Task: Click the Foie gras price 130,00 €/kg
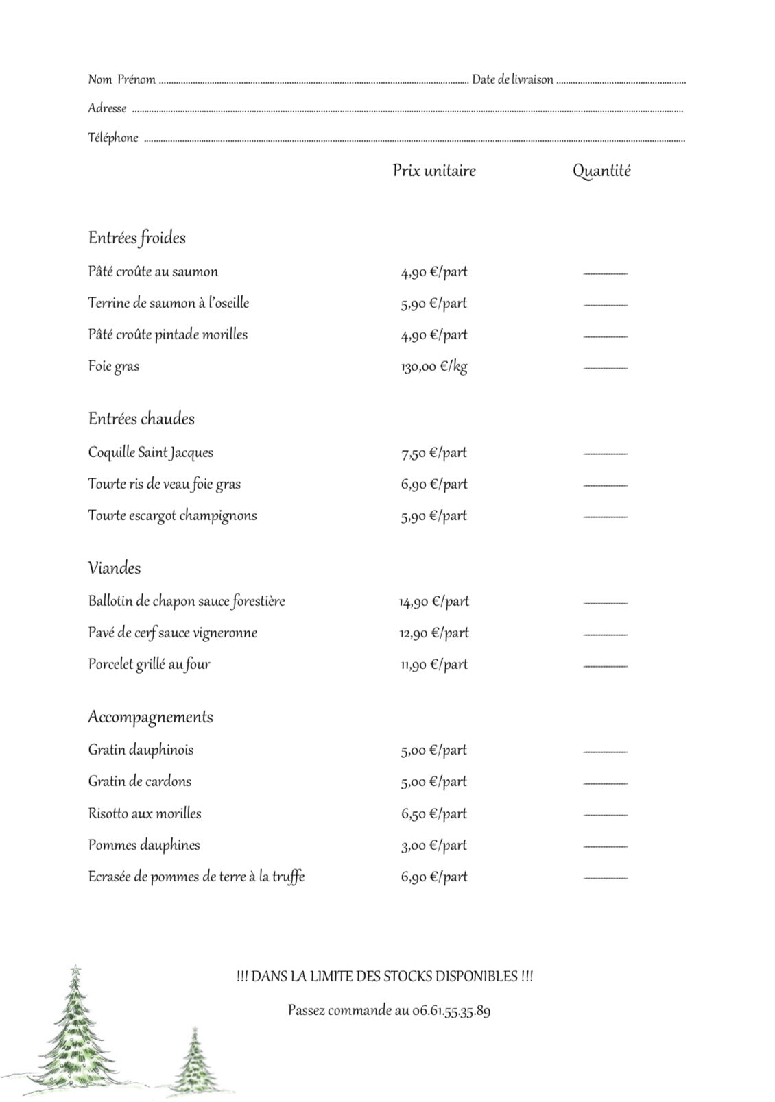tap(433, 367)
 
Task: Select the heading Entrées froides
tap(136, 238)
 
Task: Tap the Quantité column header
tap(601, 171)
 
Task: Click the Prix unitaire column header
tap(433, 171)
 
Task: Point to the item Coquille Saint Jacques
tap(150, 452)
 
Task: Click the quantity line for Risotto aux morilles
tap(605, 815)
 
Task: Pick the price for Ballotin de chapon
tap(433, 602)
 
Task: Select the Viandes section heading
tap(114, 568)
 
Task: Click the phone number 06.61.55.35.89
tap(451, 1011)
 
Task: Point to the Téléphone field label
tap(112, 138)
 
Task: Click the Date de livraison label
tap(512, 79)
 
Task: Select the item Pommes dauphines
tap(143, 845)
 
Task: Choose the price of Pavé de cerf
tap(433, 633)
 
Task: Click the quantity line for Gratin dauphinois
tap(605, 752)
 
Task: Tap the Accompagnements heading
tap(150, 717)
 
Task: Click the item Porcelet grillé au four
tap(149, 664)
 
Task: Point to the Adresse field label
tap(107, 108)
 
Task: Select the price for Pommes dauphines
tap(433, 846)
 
